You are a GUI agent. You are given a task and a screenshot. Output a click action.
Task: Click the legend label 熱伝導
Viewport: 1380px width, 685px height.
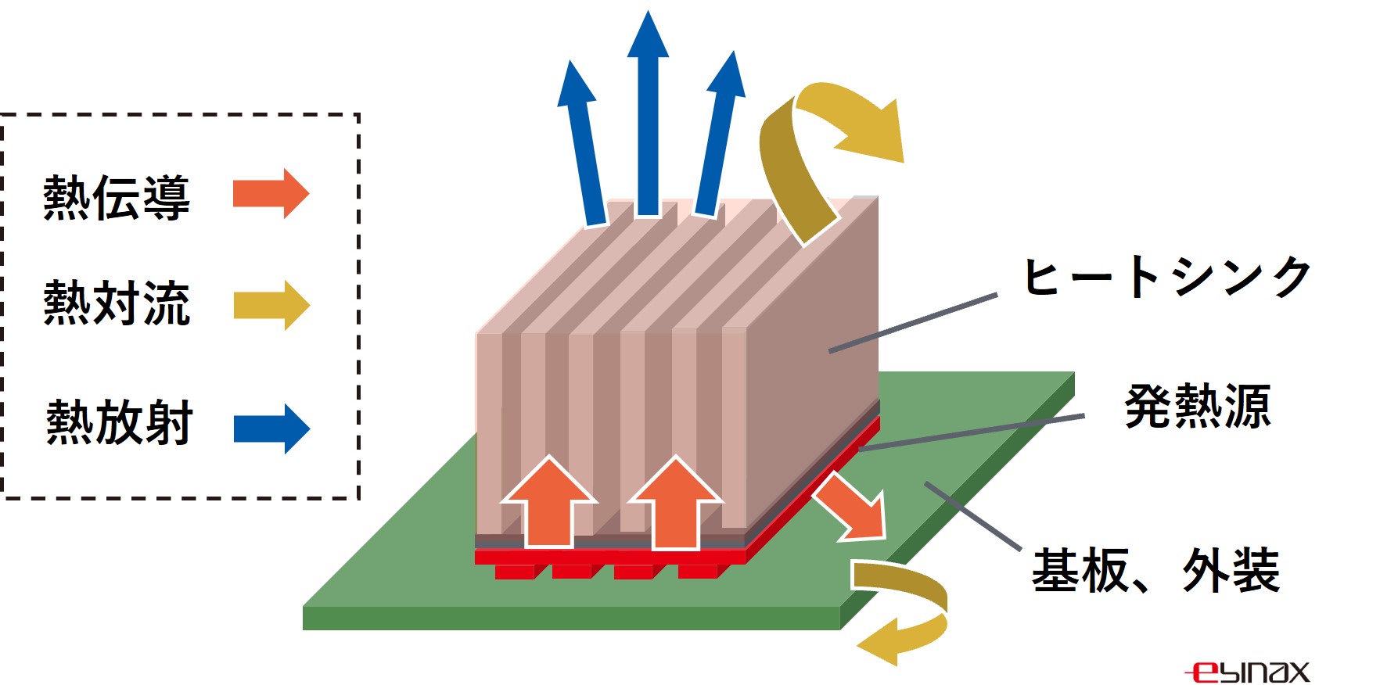(117, 197)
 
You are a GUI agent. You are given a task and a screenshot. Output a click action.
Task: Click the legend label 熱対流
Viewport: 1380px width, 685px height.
(117, 303)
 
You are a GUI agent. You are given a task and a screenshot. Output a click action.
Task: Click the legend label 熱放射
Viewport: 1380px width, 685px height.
(119, 422)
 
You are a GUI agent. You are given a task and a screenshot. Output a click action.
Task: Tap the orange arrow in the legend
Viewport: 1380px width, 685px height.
(271, 193)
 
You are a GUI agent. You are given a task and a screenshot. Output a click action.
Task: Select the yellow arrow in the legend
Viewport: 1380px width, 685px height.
(271, 305)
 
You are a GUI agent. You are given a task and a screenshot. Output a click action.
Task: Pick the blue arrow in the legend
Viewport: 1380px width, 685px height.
(271, 429)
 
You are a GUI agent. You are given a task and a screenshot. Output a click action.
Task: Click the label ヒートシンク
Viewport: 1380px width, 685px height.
(1168, 277)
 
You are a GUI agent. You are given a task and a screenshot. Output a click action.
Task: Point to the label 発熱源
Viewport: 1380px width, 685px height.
(1198, 407)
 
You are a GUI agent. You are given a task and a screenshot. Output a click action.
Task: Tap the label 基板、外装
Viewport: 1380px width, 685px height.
(1156, 571)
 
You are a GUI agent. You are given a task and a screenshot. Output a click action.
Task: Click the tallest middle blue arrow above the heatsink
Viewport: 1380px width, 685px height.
(648, 113)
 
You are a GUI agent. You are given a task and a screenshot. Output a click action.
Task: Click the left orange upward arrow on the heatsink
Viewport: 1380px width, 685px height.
(549, 503)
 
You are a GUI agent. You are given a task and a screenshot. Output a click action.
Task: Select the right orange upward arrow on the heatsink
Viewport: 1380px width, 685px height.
(675, 503)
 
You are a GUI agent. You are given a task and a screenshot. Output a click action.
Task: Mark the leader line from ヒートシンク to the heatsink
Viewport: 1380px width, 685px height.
(913, 323)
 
